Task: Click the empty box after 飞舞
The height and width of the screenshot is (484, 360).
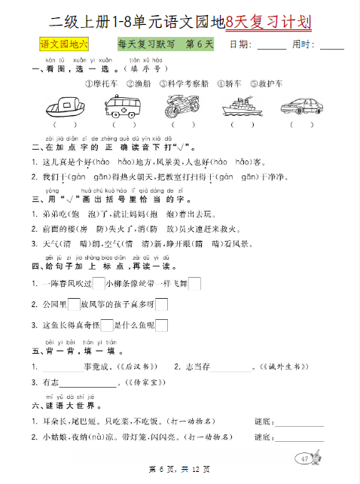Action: (194, 284)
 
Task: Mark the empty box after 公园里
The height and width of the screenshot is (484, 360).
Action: (73, 305)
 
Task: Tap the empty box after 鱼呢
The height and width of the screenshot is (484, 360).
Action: (160, 325)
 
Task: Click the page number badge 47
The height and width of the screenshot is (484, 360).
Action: (305, 458)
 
